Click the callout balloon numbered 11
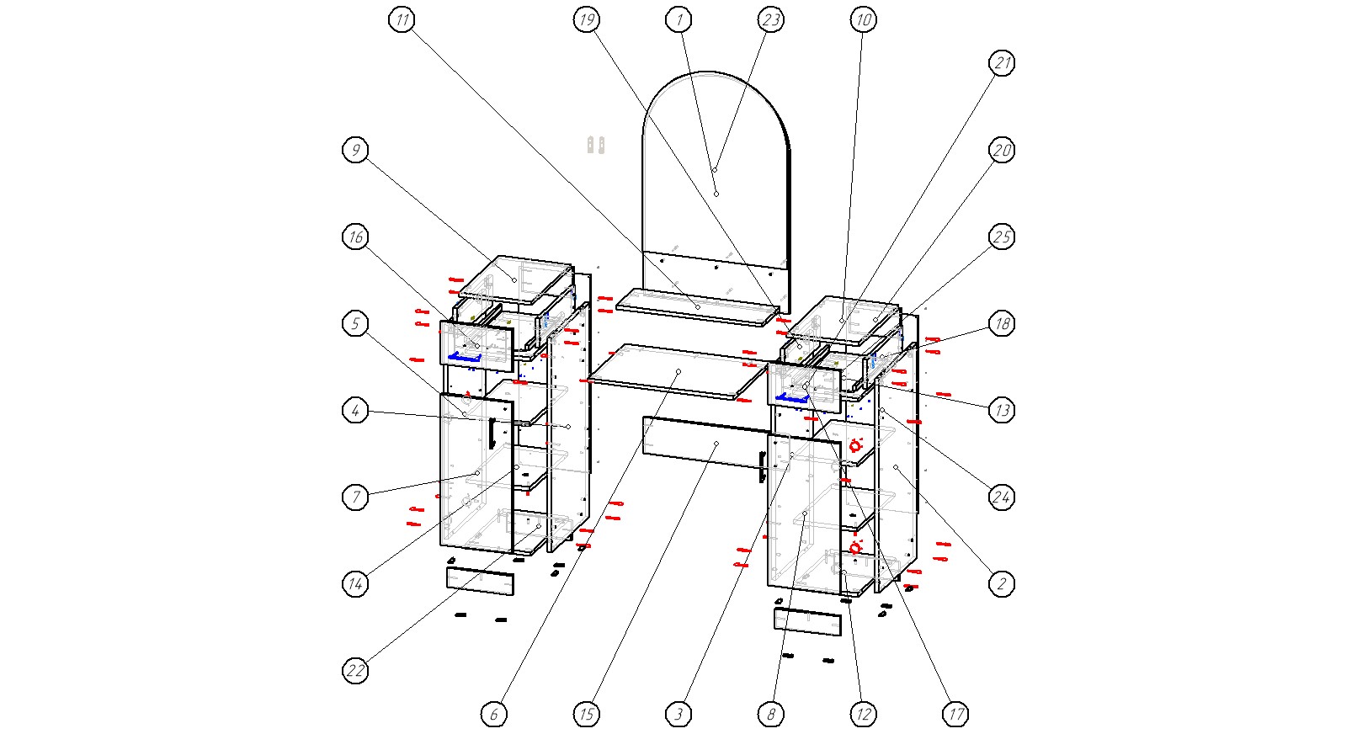pyautogui.click(x=402, y=19)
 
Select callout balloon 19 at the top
pyautogui.click(x=587, y=19)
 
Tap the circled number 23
pyautogui.click(x=770, y=19)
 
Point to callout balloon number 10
pyautogui.click(x=863, y=19)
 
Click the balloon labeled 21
pyautogui.click(x=1001, y=63)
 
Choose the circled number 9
pyautogui.click(x=356, y=150)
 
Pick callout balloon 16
pyautogui.click(x=356, y=237)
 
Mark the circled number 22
pyautogui.click(x=356, y=671)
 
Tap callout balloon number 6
pyautogui.click(x=494, y=715)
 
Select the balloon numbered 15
pyautogui.click(x=587, y=715)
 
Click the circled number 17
pyautogui.click(x=955, y=715)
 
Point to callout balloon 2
pyautogui.click(x=1001, y=583)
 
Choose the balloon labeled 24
pyautogui.click(x=1001, y=497)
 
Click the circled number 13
pyautogui.click(x=1001, y=410)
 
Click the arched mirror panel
pyautogui.click(x=716, y=168)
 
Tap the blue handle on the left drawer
pyautogui.click(x=464, y=357)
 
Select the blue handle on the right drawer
pyautogui.click(x=791, y=397)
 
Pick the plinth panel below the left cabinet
pyautogui.click(x=480, y=582)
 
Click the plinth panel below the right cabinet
pyautogui.click(x=807, y=622)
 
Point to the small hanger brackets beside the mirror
pyautogui.click(x=596, y=145)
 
